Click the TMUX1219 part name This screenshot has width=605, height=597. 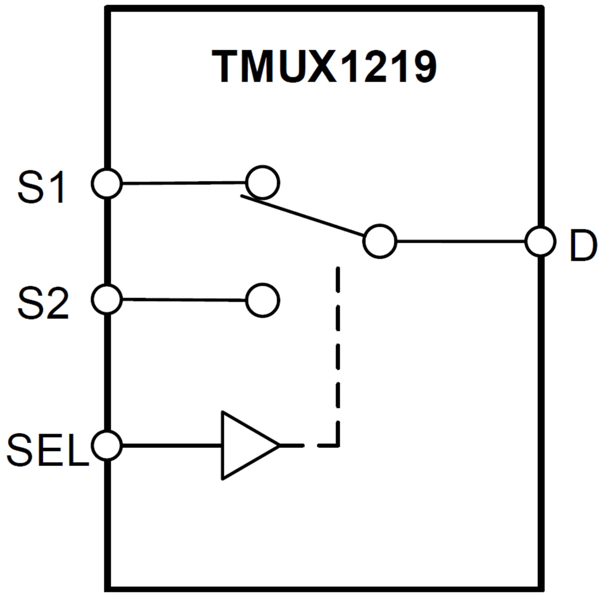[324, 67]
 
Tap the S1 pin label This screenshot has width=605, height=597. [43, 188]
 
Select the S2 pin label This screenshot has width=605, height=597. [43, 303]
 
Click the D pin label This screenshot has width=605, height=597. [582, 246]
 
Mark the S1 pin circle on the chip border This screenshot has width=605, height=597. [107, 183]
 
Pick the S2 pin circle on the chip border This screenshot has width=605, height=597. [107, 299]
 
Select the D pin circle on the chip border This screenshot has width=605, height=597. [541, 241]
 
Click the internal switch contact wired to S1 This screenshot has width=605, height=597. [262, 182]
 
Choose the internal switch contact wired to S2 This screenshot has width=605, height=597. [262, 300]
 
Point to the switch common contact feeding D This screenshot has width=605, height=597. [380, 241]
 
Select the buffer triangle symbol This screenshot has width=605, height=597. [245, 445]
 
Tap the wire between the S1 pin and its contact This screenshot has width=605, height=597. [184, 183]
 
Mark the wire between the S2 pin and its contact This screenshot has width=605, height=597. [184, 300]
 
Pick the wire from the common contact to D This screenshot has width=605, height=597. [460, 241]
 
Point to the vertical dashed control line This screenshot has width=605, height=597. [338, 352]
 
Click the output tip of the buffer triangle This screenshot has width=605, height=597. [279, 445]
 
